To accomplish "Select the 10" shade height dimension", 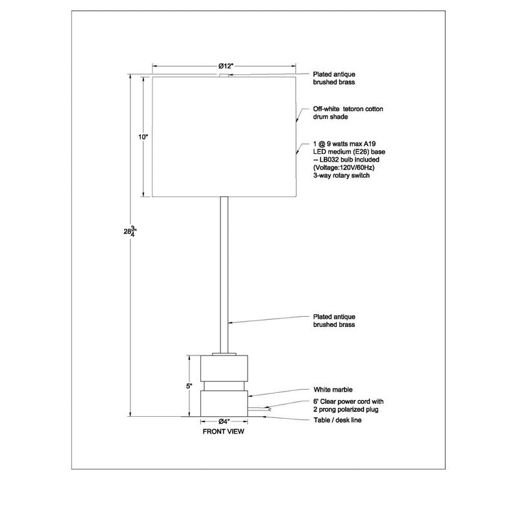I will click(143, 137).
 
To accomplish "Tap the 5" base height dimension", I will click(189, 386).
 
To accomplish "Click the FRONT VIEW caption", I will click(224, 433).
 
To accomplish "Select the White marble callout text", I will click(333, 390).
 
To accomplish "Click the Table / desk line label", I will click(337, 420).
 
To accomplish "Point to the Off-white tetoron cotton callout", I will click(348, 109).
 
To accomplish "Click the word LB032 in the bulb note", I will click(330, 159).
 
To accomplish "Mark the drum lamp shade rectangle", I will click(224, 136).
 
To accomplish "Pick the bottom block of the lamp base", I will click(224, 403).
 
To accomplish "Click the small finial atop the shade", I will click(224, 76).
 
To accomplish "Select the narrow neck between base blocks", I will click(224, 385).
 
